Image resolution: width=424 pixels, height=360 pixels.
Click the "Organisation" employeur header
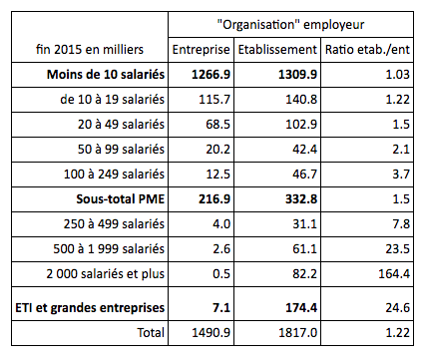(292, 23)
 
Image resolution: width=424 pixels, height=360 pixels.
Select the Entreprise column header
(202, 49)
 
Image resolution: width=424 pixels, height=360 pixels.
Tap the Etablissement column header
(279, 49)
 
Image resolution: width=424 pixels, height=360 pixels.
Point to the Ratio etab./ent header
(368, 49)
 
